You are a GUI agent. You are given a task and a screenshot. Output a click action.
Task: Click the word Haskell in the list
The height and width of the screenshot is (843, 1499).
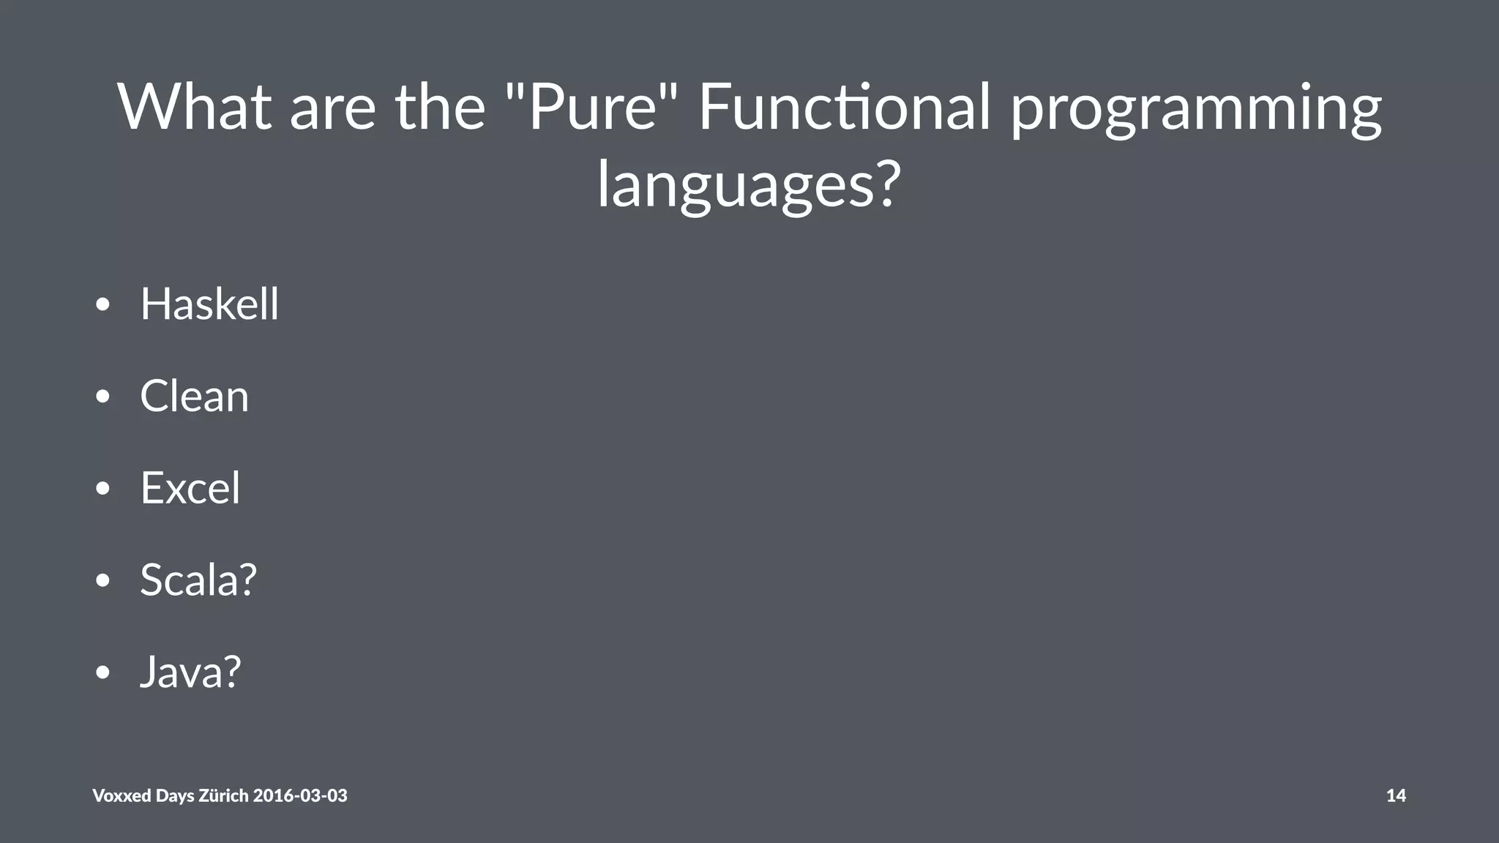[x=209, y=304]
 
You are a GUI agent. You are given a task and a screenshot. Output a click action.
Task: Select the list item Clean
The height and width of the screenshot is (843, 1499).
[x=194, y=396]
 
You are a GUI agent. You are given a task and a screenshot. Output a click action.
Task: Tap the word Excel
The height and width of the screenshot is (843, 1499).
[x=190, y=488]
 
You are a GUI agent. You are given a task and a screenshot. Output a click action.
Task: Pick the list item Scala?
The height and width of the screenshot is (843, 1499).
[x=198, y=580]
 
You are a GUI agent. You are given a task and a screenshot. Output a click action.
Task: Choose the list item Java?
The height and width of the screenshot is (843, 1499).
[x=190, y=672]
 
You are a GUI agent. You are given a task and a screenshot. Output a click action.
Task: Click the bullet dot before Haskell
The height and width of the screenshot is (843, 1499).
[x=102, y=304]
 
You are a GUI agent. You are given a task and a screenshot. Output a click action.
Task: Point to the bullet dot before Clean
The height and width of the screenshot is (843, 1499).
[x=102, y=397]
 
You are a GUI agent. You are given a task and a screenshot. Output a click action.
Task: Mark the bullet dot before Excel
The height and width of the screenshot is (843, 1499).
[x=102, y=489]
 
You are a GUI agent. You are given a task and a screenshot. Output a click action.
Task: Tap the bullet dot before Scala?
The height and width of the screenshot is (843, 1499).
[x=102, y=581]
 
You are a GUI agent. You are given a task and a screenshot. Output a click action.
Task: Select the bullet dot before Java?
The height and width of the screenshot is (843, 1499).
[x=102, y=672]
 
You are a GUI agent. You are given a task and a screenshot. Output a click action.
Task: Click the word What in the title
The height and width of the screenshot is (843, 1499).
[x=195, y=107]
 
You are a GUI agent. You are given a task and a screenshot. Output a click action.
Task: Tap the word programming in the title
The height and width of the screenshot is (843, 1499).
[x=1196, y=110]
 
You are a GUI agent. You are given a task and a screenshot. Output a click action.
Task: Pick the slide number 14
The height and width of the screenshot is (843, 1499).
[x=1396, y=795]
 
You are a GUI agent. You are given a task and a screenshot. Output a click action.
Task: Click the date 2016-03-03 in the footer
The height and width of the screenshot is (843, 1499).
[x=300, y=795]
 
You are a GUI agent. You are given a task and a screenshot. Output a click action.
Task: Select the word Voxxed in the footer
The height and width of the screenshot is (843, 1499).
[x=122, y=795]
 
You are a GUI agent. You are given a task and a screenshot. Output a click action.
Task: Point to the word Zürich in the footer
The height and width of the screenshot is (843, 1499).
[x=223, y=795]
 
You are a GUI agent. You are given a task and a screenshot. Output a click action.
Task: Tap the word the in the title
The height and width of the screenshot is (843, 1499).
[x=440, y=107]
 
